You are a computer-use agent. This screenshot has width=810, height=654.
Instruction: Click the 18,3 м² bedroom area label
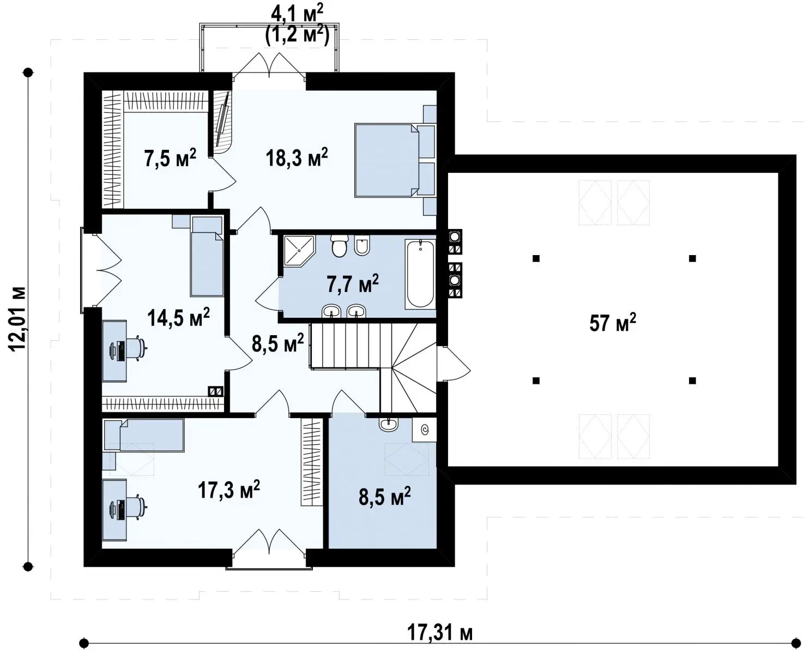pyautogui.click(x=297, y=158)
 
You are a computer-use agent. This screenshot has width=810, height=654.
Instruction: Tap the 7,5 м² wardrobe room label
pyautogui.click(x=170, y=158)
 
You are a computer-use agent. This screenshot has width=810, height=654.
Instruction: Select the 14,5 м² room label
pyautogui.click(x=178, y=318)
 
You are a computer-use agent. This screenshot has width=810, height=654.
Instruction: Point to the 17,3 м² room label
pyautogui.click(x=229, y=489)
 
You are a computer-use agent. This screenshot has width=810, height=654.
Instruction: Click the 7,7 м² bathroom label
pyautogui.click(x=353, y=283)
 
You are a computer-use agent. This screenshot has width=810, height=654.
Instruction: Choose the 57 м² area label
pyautogui.click(x=613, y=323)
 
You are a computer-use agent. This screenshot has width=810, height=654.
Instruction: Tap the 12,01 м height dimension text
pyautogui.click(x=17, y=319)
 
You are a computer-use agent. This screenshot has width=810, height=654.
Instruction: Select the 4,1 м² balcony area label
pyautogui.click(x=297, y=15)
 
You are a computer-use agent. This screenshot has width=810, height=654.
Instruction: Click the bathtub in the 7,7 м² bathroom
pyautogui.click(x=420, y=274)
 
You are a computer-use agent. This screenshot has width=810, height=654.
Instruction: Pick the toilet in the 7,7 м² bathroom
pyautogui.click(x=339, y=245)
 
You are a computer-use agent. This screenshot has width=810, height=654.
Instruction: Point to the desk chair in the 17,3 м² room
pyautogui.click(x=136, y=506)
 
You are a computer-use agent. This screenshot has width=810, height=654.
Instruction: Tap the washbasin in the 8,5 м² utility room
pyautogui.click(x=388, y=425)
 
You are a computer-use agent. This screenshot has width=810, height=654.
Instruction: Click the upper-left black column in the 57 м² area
pyautogui.click(x=536, y=258)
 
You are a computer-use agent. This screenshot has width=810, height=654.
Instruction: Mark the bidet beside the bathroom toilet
pyautogui.click(x=361, y=245)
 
